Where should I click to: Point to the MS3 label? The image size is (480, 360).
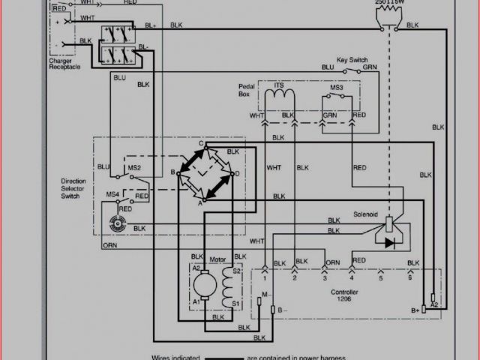[x=336, y=88]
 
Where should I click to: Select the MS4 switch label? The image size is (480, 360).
[x=112, y=195]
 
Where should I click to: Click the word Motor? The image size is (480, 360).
[x=217, y=259]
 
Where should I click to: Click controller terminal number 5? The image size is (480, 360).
[x=381, y=277]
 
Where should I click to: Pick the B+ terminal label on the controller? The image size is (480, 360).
[x=415, y=308]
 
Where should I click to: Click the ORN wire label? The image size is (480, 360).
[x=109, y=245]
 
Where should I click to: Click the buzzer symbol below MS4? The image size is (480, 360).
[x=116, y=223]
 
